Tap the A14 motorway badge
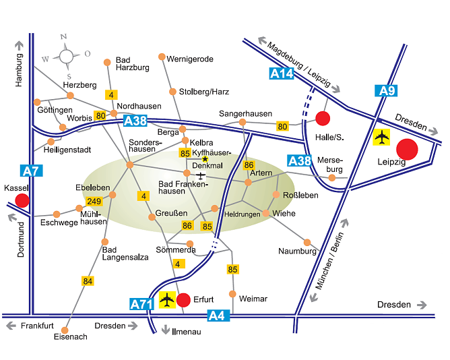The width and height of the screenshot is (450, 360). (x=282, y=74)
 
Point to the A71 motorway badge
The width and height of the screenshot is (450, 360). (x=142, y=304)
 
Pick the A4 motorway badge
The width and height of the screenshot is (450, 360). (x=217, y=315)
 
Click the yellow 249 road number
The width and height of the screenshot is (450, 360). (x=94, y=201)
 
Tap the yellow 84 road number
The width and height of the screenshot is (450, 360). (x=88, y=280)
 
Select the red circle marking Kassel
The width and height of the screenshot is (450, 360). (x=22, y=200)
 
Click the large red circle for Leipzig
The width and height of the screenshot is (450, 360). (x=408, y=149)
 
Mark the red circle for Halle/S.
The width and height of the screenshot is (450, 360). (x=323, y=119)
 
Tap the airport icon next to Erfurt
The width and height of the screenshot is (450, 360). (x=166, y=299)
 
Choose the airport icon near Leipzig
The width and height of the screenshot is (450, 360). (x=381, y=138)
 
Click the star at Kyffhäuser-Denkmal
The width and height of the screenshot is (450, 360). (x=205, y=158)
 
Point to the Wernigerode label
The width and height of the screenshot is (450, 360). (x=190, y=59)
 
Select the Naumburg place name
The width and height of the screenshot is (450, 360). (x=297, y=251)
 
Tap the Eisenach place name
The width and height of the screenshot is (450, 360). (x=70, y=336)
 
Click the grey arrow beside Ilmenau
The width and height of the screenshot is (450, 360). (x=165, y=330)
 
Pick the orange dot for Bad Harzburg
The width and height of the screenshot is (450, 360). (x=107, y=62)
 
